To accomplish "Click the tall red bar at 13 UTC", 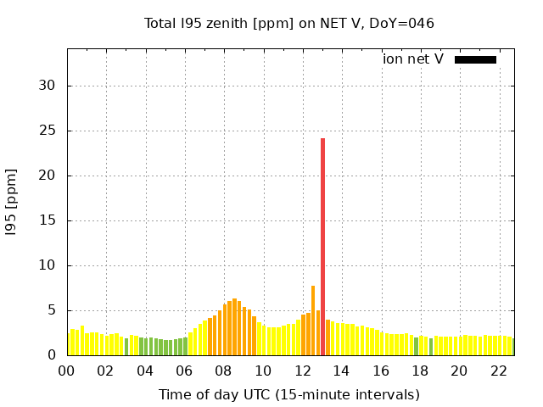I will click(322, 246).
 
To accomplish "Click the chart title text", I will click(289, 23).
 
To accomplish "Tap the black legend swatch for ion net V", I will click(475, 59).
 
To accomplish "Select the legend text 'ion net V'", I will click(413, 59).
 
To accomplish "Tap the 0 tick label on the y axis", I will click(52, 355).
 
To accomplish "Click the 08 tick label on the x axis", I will click(224, 371).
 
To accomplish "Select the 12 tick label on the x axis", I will click(302, 371).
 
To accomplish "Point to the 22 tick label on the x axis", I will click(499, 371).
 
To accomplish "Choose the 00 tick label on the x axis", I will click(67, 371).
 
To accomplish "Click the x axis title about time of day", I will click(289, 394).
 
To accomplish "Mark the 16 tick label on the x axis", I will click(381, 371).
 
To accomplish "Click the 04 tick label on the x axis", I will click(145, 371).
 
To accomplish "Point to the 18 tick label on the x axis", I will click(420, 371).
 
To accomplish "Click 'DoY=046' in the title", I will click(403, 23).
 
